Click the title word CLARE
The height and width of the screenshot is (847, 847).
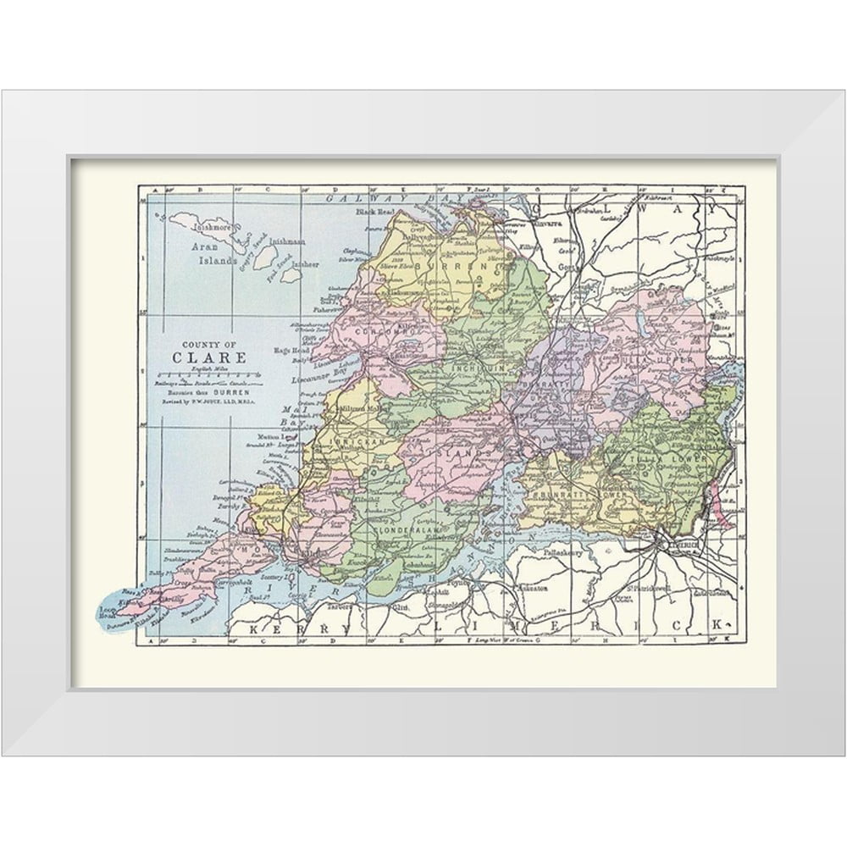pyautogui.click(x=210, y=357)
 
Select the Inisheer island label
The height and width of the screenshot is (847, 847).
pyautogui.click(x=306, y=263)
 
